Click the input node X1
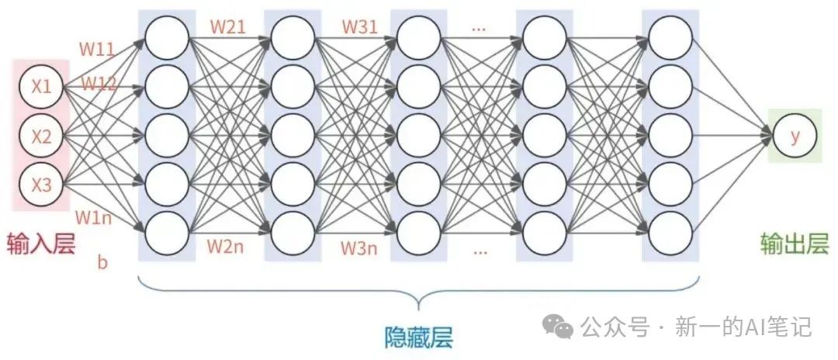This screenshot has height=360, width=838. click(x=41, y=88)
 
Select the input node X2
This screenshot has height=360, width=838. click(x=41, y=137)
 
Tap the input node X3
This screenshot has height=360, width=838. click(x=41, y=185)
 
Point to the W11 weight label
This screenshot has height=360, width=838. click(x=97, y=50)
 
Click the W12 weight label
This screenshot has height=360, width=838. click(x=99, y=83)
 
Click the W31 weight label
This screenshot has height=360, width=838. click(x=359, y=27)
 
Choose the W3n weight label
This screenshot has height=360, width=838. click(x=359, y=249)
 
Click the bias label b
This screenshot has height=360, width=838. click(x=102, y=261)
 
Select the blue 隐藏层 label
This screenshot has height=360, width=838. click(x=419, y=337)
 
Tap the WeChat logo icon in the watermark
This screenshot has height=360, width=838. click(x=559, y=327)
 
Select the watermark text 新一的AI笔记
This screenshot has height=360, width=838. click(x=742, y=327)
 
